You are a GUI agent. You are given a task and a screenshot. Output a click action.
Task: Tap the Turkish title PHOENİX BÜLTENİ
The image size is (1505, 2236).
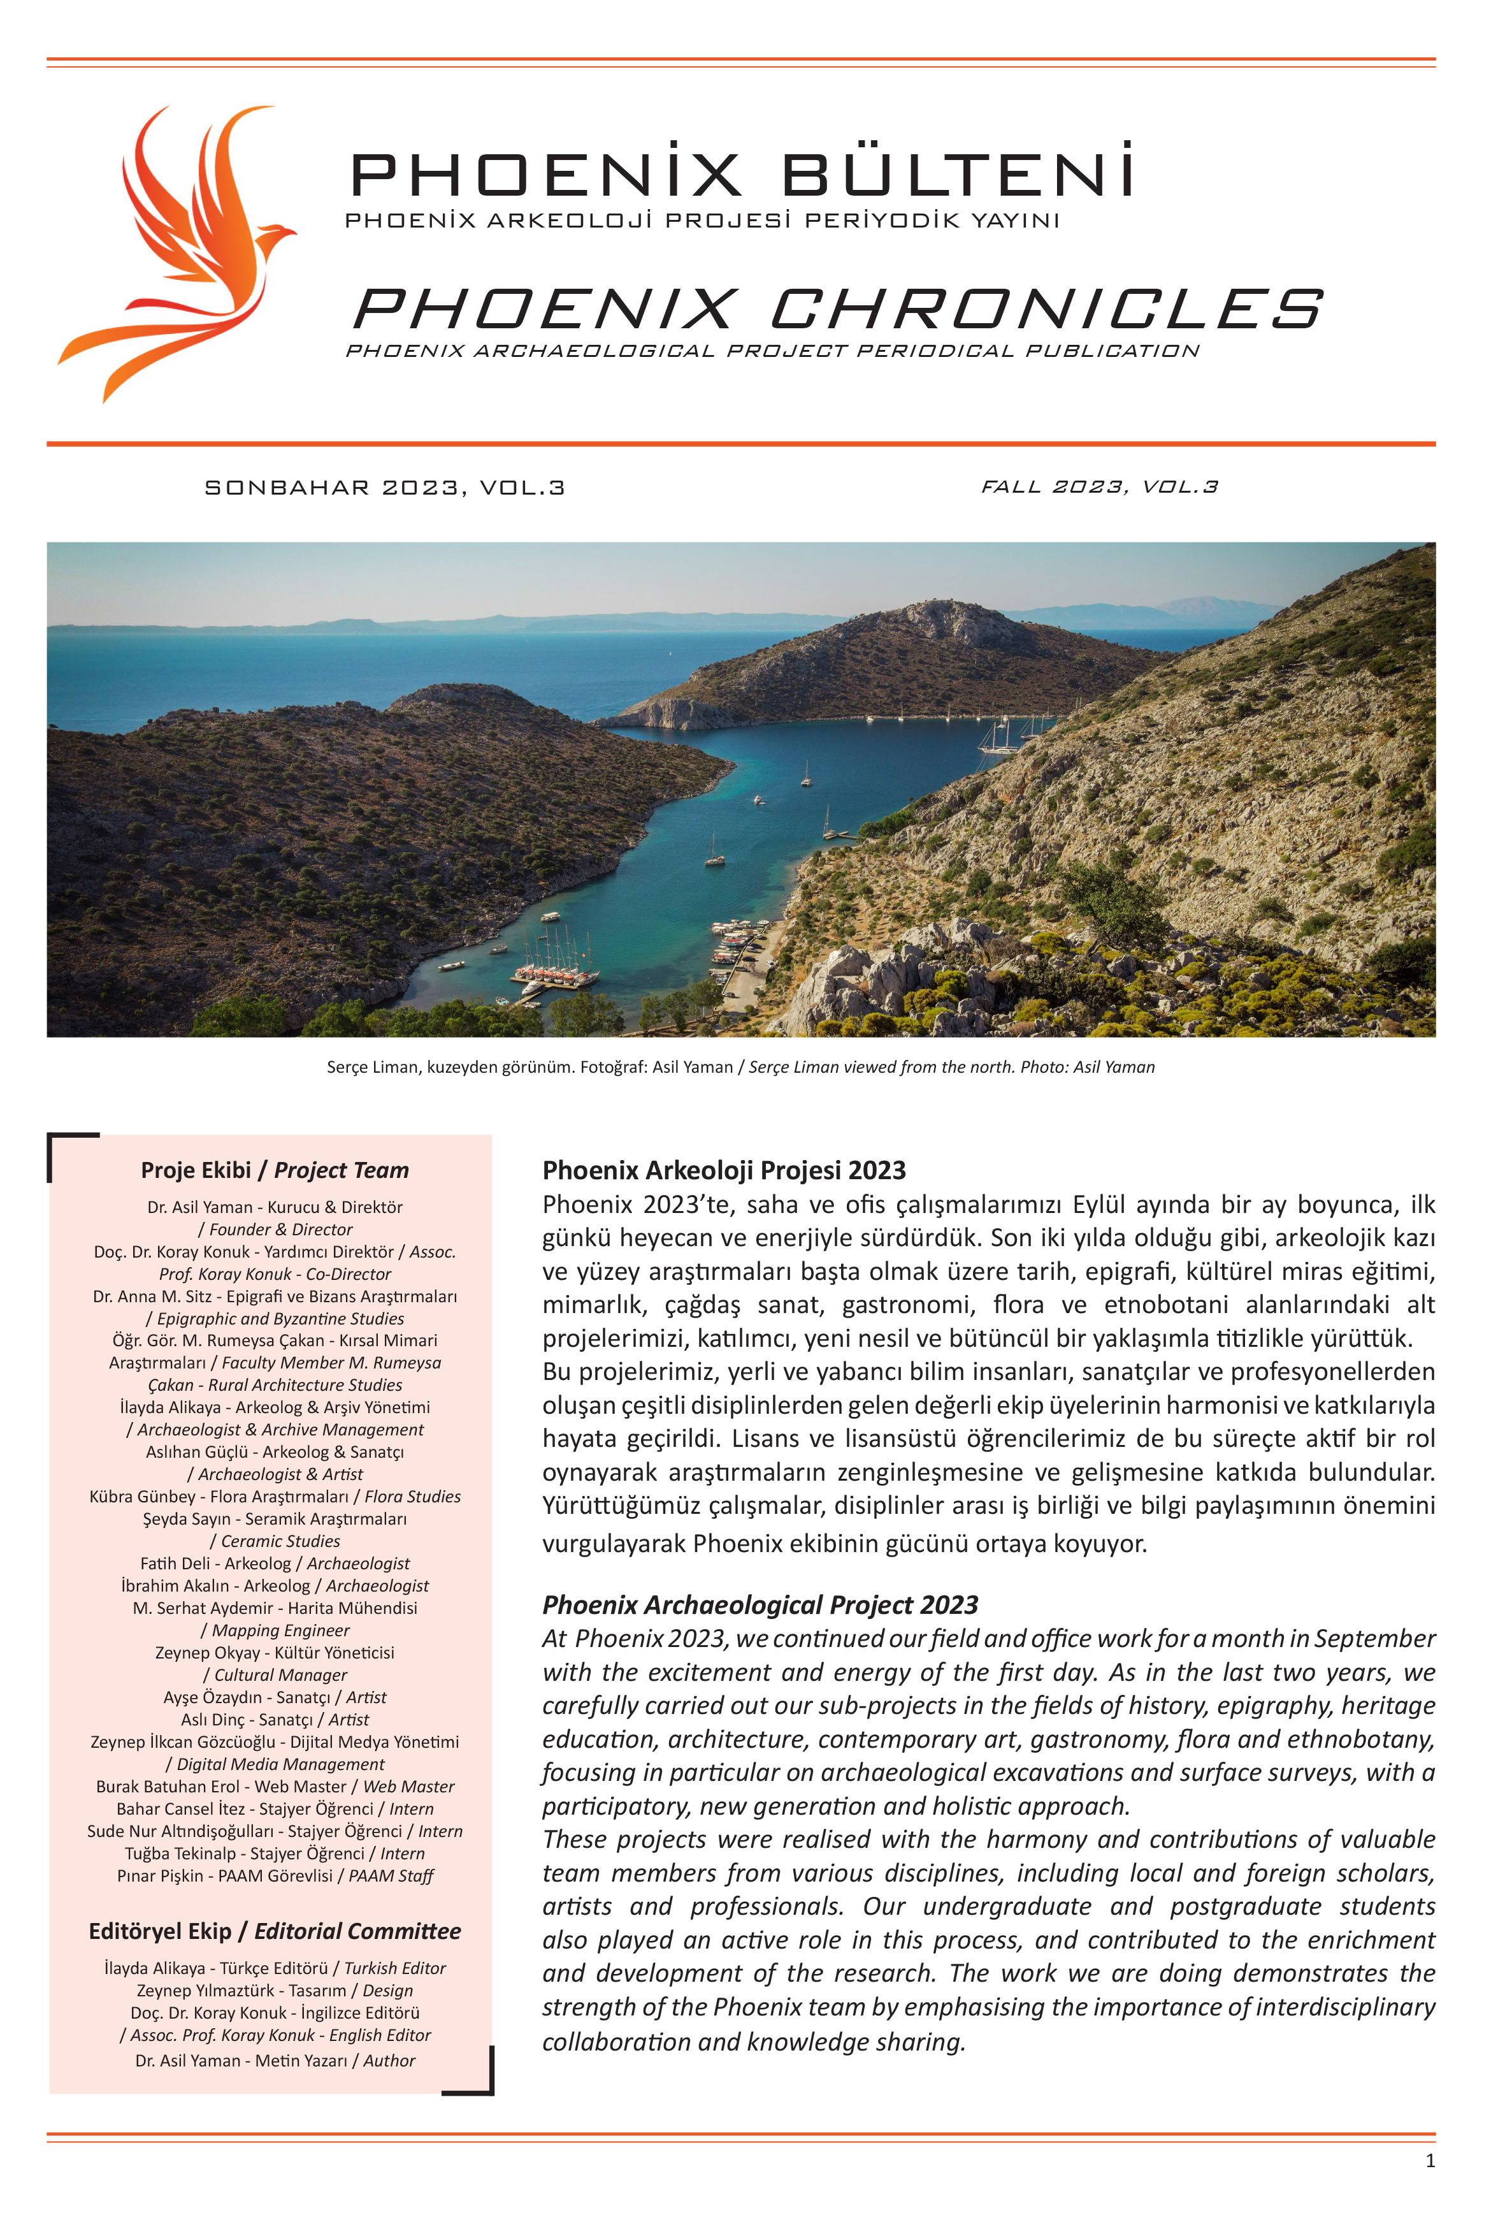(x=741, y=174)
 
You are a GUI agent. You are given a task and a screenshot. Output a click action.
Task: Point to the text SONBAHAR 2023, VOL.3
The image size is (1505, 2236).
(x=385, y=488)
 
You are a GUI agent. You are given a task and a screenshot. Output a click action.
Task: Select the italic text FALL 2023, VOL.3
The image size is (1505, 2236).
(x=1099, y=487)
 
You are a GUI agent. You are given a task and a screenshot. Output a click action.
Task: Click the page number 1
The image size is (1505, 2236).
(x=1430, y=2160)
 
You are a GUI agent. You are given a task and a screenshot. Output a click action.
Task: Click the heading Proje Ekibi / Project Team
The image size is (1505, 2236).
(x=275, y=1170)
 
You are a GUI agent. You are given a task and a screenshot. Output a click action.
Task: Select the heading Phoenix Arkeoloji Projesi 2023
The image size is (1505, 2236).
(x=724, y=1170)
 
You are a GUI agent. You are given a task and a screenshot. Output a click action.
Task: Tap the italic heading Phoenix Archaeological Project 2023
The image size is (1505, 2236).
(x=760, y=1604)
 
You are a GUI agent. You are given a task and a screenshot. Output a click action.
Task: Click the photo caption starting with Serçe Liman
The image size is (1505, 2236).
(x=740, y=1066)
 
